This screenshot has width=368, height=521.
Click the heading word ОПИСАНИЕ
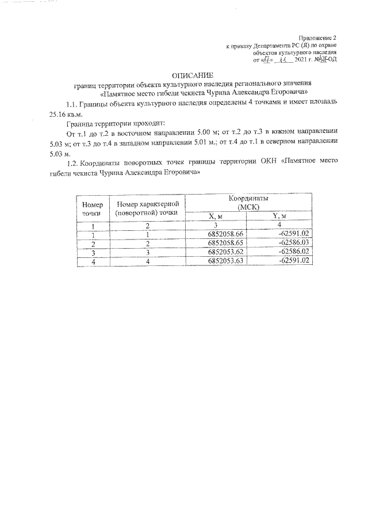tap(193, 75)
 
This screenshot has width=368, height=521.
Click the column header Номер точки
tap(92, 209)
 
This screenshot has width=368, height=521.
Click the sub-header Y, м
tap(279, 216)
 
